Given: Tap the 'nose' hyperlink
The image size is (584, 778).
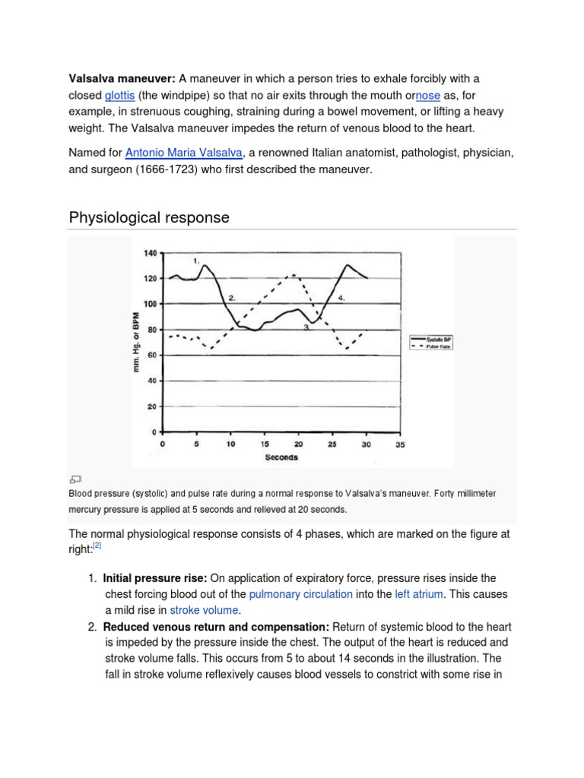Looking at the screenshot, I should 428,96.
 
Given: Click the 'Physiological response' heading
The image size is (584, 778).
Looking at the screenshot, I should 149,218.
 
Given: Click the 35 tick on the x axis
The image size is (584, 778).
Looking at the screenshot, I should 400,444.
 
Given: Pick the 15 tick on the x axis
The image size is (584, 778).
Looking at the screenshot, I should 264,444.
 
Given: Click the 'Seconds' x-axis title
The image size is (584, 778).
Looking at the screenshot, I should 281,457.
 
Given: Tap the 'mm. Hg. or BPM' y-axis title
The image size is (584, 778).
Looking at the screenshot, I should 137,342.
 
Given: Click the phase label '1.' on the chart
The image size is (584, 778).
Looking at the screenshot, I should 196,261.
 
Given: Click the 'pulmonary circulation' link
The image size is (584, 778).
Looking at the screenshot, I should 300,593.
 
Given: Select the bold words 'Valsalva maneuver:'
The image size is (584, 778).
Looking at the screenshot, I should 122,79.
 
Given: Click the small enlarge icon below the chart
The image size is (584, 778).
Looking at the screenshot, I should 75,479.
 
